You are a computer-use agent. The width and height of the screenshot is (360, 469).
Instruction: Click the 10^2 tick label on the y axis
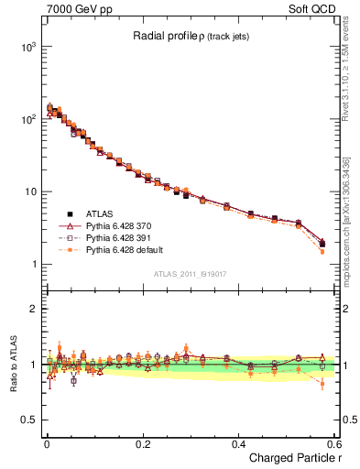click(26, 119)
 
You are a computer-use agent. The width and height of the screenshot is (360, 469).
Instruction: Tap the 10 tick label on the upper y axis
click(28, 191)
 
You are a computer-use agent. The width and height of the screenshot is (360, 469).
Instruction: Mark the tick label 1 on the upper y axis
click(32, 265)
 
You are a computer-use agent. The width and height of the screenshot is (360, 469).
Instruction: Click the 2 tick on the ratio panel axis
click(32, 309)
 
